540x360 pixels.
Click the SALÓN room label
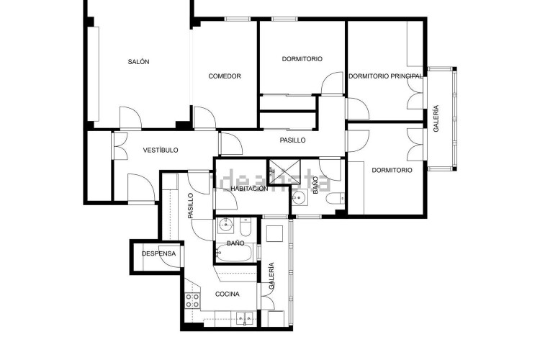click(x=138, y=62)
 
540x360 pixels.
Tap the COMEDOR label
click(x=225, y=76)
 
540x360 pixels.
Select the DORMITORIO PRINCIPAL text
click(x=385, y=76)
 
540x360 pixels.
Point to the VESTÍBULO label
click(x=161, y=150)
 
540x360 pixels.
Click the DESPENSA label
click(x=159, y=253)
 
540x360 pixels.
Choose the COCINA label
click(x=228, y=294)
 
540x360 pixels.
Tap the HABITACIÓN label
click(x=249, y=189)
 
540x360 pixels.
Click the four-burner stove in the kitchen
click(x=192, y=300)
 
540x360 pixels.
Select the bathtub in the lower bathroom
click(x=235, y=253)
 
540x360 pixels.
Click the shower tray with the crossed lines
click(x=284, y=171)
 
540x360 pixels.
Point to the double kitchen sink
click(x=245, y=319)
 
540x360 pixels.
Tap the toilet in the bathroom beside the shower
click(x=335, y=199)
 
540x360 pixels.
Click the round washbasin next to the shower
click(x=299, y=198)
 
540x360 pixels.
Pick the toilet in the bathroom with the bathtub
click(x=246, y=226)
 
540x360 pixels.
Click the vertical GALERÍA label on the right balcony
click(x=436, y=119)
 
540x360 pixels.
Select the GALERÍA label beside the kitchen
click(x=271, y=276)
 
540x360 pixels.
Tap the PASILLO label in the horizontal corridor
click(x=292, y=140)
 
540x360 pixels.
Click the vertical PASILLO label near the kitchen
click(x=191, y=206)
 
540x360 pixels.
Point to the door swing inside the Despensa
click(x=171, y=258)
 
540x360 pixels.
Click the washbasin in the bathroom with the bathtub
click(x=225, y=225)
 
